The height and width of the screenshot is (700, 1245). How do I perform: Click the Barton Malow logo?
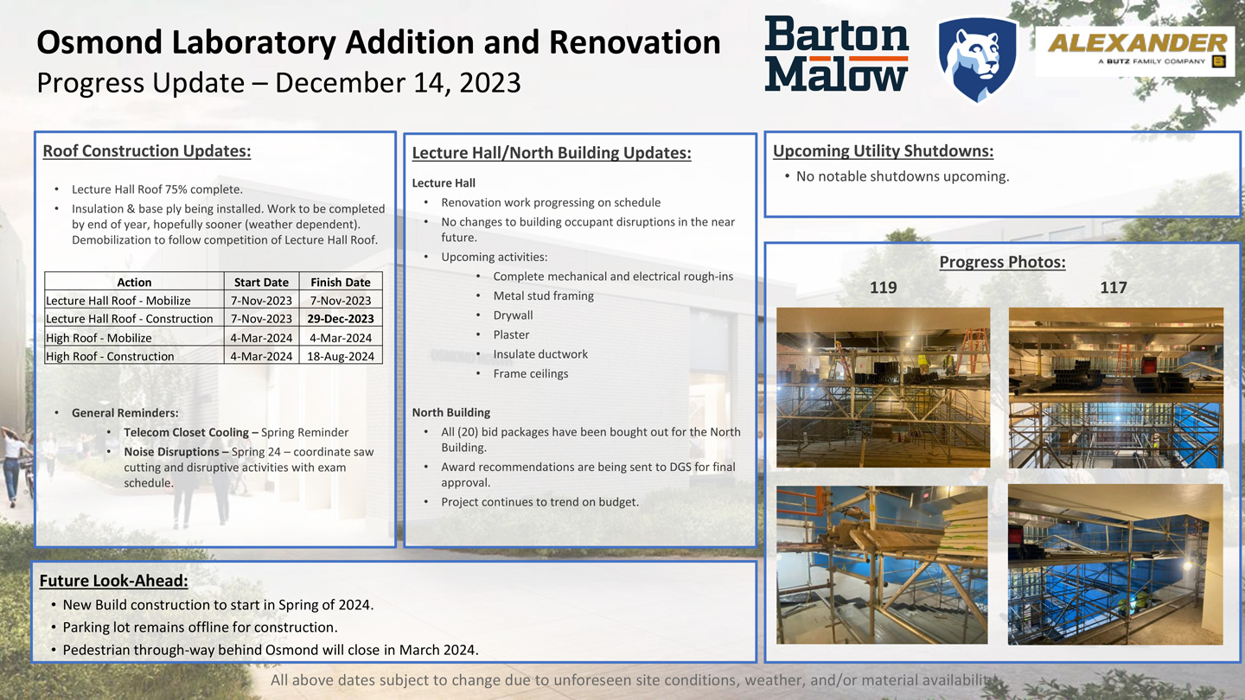[x=836, y=54]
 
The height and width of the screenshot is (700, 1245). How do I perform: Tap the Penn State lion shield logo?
[x=978, y=57]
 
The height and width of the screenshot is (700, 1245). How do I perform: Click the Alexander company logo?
[x=1136, y=51]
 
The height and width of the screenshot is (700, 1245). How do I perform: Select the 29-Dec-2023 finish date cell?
[x=341, y=319]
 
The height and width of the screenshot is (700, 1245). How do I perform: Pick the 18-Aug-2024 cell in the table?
[x=341, y=356]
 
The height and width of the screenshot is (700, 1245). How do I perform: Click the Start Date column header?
[x=261, y=282]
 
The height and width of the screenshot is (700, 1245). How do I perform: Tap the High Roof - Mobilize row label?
[x=99, y=338]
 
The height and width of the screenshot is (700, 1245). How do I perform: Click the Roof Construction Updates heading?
[x=147, y=151]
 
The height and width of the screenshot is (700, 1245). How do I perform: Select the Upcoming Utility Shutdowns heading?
[x=883, y=151]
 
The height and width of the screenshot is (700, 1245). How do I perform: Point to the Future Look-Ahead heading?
[x=113, y=581]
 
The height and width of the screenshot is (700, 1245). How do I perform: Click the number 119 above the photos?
[x=883, y=288]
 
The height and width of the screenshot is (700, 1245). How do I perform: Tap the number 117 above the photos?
[x=1114, y=288]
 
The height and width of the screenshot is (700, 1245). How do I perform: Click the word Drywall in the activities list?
[x=513, y=315]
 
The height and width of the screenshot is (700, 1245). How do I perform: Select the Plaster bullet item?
[x=511, y=334]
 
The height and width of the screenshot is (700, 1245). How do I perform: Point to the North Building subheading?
[x=451, y=412]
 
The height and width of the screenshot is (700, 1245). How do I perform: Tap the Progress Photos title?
[x=1002, y=262]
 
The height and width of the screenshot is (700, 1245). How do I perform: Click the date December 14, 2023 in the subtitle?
[x=398, y=83]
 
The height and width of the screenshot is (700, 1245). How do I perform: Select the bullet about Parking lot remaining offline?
[x=200, y=627]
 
